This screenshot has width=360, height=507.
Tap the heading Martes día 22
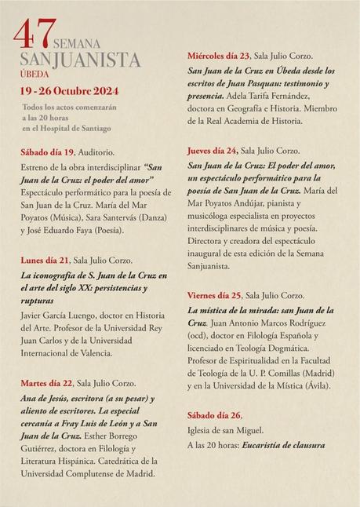point(49,383)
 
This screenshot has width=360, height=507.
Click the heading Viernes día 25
point(216,295)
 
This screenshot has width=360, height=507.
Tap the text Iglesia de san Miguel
point(228,430)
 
